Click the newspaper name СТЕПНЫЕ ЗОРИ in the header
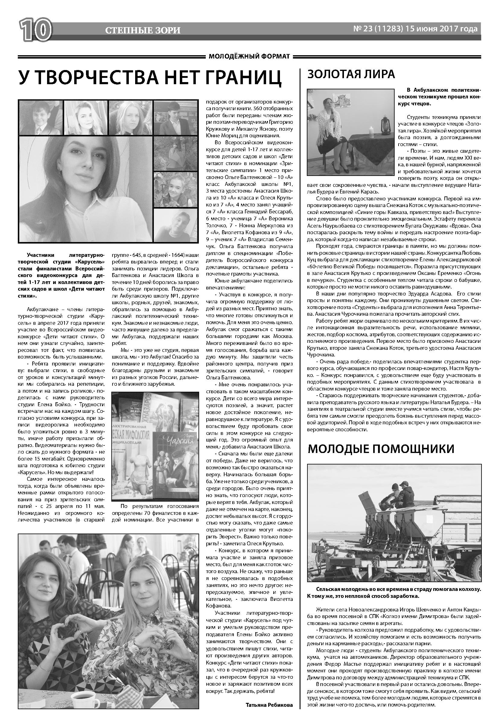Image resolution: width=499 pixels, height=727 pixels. (143, 30)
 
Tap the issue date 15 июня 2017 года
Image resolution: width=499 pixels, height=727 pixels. (441, 29)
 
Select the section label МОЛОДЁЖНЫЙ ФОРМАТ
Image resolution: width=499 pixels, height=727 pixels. (249, 56)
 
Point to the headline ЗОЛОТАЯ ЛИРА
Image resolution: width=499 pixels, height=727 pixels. (351, 74)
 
